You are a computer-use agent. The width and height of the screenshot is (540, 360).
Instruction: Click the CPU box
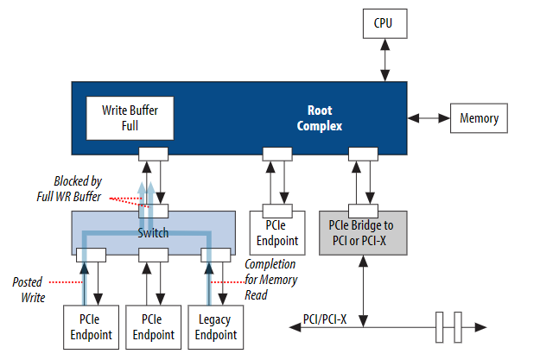pos(382,22)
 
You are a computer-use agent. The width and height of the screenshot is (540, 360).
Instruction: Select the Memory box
pos(478,118)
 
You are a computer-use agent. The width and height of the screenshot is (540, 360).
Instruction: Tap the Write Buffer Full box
pos(129,118)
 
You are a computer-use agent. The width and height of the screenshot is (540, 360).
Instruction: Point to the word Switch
pos(152,232)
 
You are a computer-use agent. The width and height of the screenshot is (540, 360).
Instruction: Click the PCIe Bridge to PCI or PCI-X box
pos(362,231)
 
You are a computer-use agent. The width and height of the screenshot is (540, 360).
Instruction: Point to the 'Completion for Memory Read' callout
pos(271,279)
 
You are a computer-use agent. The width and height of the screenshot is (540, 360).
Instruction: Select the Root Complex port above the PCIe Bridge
pos(362,154)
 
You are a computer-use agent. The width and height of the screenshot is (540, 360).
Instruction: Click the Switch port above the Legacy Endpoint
pos(215,255)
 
